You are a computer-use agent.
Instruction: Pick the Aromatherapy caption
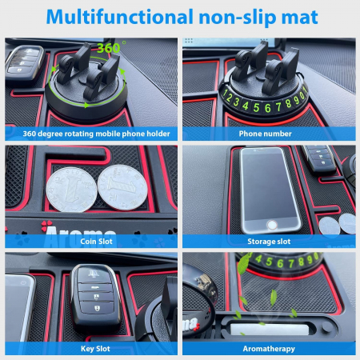point(270,349)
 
